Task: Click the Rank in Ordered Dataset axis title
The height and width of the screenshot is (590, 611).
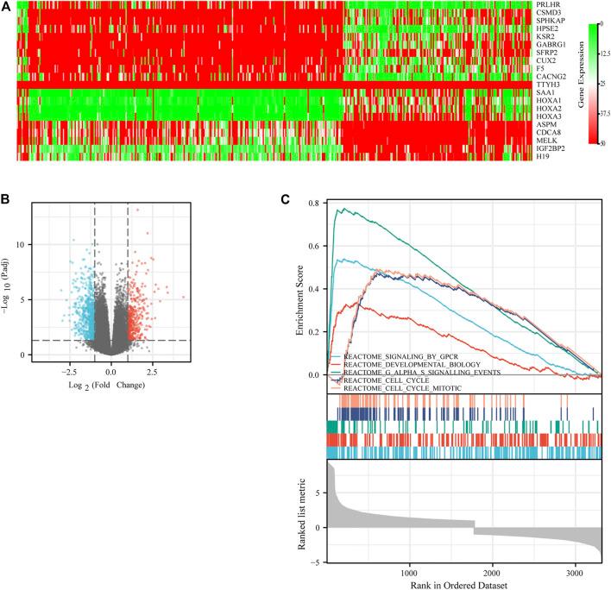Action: click(465, 585)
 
